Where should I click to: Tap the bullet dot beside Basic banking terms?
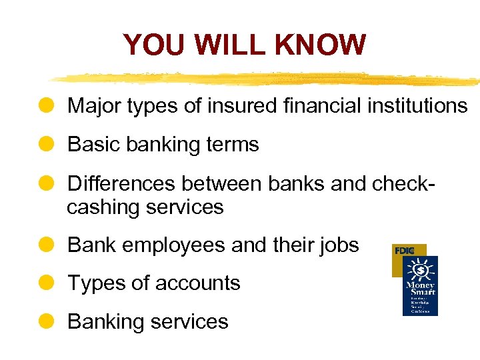[47, 144]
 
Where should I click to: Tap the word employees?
[165, 245]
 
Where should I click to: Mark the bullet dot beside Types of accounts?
[47, 283]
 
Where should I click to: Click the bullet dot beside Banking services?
[47, 321]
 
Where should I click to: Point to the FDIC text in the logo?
[405, 251]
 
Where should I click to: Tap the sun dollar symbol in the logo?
[421, 269]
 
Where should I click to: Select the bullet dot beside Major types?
[47, 105]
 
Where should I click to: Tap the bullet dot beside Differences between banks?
[47, 183]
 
